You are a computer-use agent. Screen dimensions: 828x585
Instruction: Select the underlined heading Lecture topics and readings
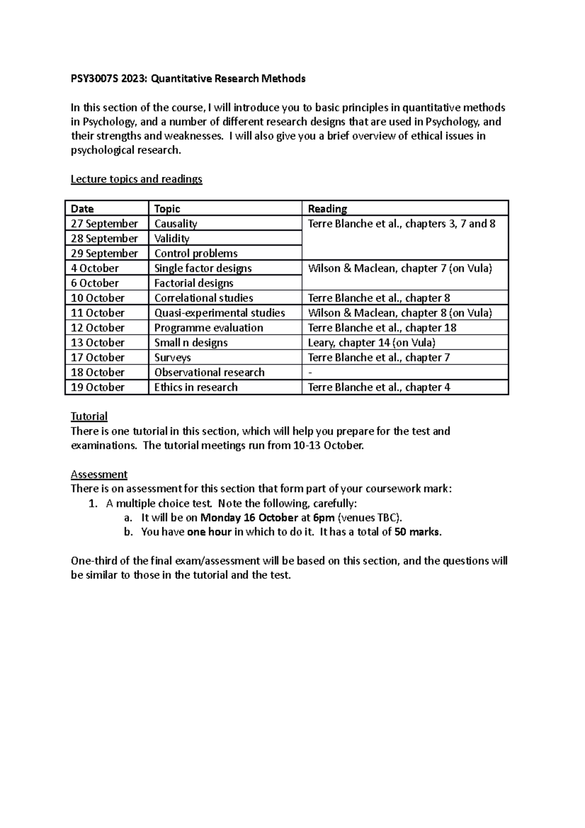pos(136,179)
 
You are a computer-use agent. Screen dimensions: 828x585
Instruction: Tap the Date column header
pos(82,209)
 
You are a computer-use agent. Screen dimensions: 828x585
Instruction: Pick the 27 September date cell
pos(104,224)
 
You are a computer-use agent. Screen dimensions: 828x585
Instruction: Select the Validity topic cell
pos(172,238)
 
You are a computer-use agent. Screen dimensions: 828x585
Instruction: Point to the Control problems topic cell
pos(196,254)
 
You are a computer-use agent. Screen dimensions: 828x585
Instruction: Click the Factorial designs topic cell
pos(194,283)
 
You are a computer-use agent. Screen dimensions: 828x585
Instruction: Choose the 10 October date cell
pos(97,298)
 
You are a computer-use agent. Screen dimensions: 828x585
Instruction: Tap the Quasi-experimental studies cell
pos(219,313)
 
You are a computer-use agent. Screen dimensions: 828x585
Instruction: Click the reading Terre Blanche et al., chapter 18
pos(382,328)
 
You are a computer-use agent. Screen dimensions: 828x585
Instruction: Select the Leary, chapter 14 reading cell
pos(371,343)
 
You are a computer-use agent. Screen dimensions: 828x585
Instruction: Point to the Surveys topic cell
pos(172,357)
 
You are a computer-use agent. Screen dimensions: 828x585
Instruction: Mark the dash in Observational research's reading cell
pos(310,373)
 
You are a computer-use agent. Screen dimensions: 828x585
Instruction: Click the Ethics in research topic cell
pos(196,387)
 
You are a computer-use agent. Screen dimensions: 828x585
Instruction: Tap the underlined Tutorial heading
pos(89,416)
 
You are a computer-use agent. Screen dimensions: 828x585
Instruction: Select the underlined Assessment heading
pos(99,474)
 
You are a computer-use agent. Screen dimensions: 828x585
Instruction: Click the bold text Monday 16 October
pos(249,518)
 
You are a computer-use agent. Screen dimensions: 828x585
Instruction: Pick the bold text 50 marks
pos(417,532)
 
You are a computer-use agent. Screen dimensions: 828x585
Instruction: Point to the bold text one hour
pos(209,532)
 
